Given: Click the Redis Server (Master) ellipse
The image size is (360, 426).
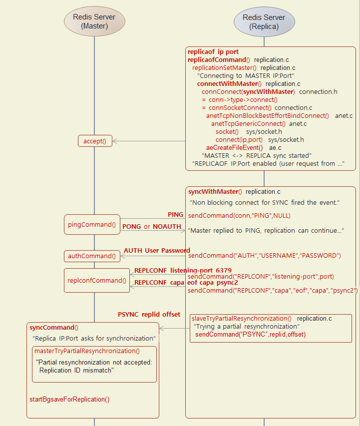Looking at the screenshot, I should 94,21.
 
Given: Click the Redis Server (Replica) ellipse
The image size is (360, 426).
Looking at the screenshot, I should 264,21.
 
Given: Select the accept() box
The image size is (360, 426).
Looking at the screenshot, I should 95,141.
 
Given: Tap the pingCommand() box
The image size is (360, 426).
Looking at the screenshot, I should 92,225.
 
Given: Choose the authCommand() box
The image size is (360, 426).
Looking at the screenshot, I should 92,256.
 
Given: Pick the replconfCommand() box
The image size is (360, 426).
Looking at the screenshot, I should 97,280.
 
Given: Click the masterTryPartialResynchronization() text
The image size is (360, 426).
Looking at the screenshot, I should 87,351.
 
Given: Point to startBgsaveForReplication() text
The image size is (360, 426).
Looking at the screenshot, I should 69,399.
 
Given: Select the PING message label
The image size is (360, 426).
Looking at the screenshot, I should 175,214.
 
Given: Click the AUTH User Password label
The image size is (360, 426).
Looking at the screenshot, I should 157,250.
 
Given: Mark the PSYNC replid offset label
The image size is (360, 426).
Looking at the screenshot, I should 149,315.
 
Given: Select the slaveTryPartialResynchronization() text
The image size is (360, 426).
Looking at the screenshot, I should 241,318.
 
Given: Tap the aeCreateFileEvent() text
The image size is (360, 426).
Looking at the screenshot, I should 234,147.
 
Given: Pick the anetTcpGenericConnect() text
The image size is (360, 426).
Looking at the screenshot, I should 248,123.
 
